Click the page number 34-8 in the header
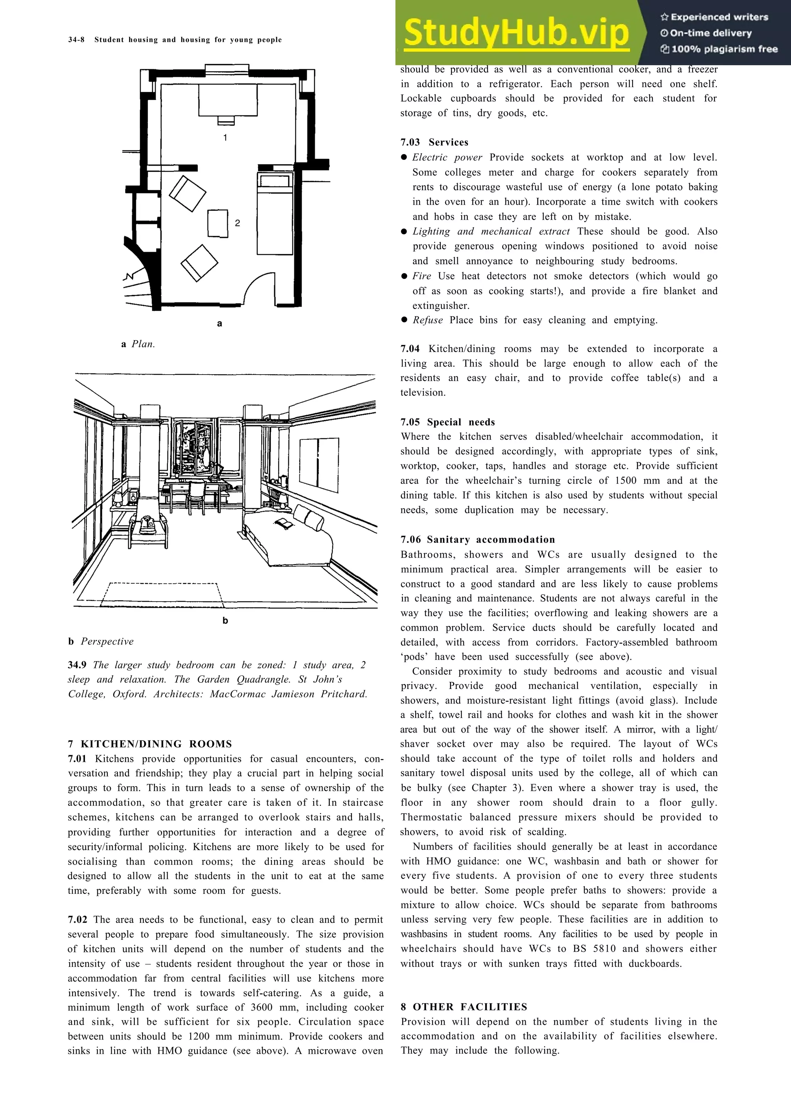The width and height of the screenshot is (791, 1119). pyautogui.click(x=76, y=40)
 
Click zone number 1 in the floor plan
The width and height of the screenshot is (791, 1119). pyautogui.click(x=225, y=138)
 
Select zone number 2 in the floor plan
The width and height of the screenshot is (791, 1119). pyautogui.click(x=238, y=223)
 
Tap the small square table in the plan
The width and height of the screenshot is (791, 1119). pyautogui.click(x=218, y=223)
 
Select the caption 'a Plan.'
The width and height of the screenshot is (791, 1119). pyautogui.click(x=138, y=344)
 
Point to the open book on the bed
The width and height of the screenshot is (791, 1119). pyautogui.click(x=284, y=524)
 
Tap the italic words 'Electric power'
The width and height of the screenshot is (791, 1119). pyautogui.click(x=447, y=158)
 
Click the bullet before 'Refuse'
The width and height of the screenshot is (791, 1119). pyautogui.click(x=404, y=320)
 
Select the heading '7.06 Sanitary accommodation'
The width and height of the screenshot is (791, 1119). pyautogui.click(x=478, y=539)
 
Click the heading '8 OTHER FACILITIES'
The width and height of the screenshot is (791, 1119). pyautogui.click(x=464, y=1007)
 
